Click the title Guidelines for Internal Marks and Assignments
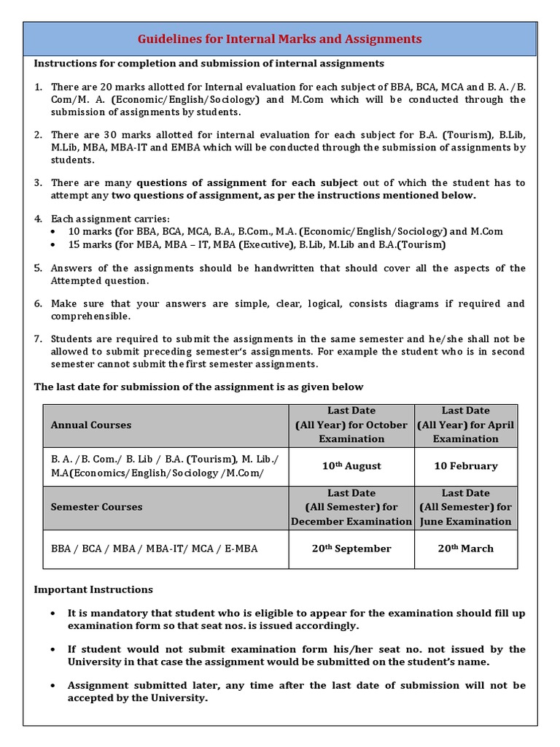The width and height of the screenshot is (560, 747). pos(280,39)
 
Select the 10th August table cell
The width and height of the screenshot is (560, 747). pos(351,466)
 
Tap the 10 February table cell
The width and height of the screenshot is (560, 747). pos(465,466)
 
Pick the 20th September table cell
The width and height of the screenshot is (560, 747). pos(351,549)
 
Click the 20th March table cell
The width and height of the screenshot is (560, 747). pos(465,549)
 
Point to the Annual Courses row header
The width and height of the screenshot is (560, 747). pos(91,425)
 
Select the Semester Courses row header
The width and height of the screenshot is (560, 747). pos(96,507)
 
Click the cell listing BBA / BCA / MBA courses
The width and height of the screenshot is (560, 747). pos(154,549)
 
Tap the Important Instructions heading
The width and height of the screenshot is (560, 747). pos(93,589)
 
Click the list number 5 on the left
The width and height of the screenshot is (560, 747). pos(38,268)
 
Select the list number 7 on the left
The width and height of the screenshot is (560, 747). pos(38,339)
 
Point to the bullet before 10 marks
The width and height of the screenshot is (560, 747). pos(55,232)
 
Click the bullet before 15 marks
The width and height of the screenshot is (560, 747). pos(55,245)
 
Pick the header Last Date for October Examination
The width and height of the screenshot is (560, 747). pos(351,425)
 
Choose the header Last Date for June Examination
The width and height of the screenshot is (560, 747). pos(465,507)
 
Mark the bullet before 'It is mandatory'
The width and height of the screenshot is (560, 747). pos(55,614)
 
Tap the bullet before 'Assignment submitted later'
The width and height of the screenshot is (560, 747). pos(55,686)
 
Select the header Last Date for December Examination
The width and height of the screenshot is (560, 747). pos(351,507)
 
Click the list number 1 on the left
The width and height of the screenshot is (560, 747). pos(38,88)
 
